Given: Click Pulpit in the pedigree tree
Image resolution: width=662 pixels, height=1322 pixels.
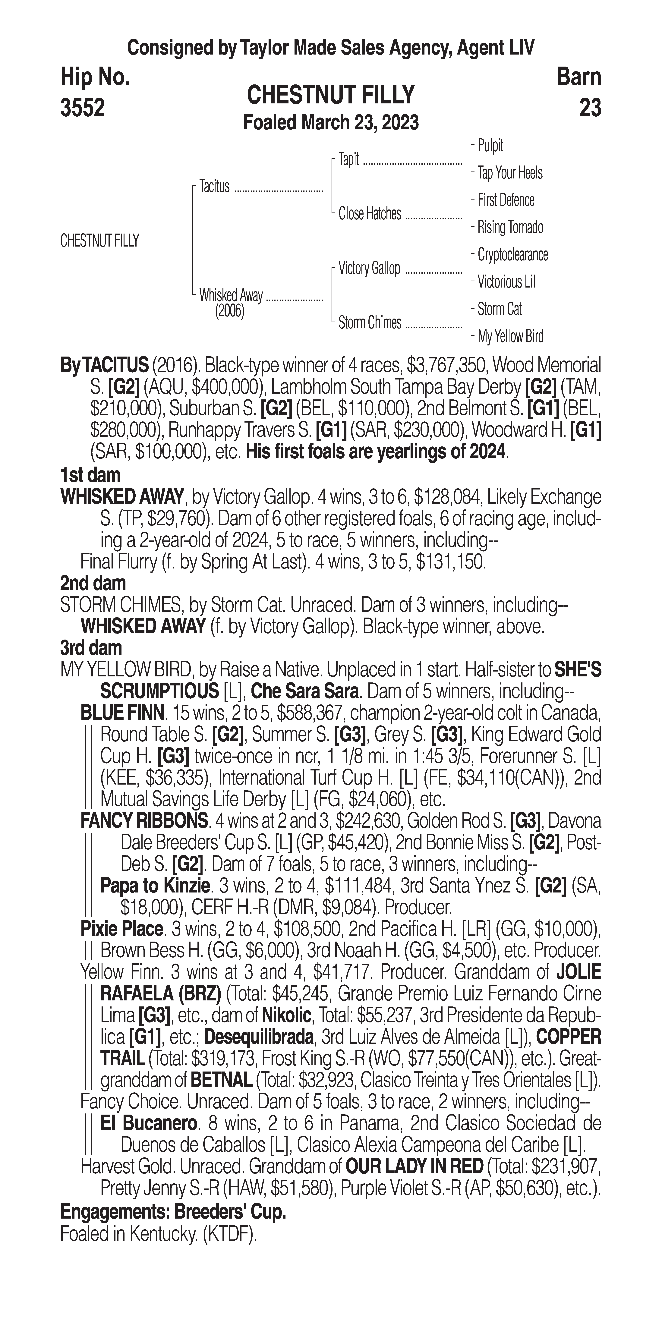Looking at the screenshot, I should [490, 146].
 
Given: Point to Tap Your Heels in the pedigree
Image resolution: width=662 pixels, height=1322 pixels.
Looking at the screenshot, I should [510, 173].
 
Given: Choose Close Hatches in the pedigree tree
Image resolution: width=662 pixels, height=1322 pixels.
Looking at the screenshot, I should [370, 213].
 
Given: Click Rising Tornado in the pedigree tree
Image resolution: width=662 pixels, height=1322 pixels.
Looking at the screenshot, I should [510, 227].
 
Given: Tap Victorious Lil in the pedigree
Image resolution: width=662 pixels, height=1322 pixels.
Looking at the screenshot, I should [506, 282].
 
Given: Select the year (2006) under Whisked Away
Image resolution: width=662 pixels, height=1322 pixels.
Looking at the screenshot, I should [229, 311].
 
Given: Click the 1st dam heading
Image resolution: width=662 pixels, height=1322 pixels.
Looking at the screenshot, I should [90, 475].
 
